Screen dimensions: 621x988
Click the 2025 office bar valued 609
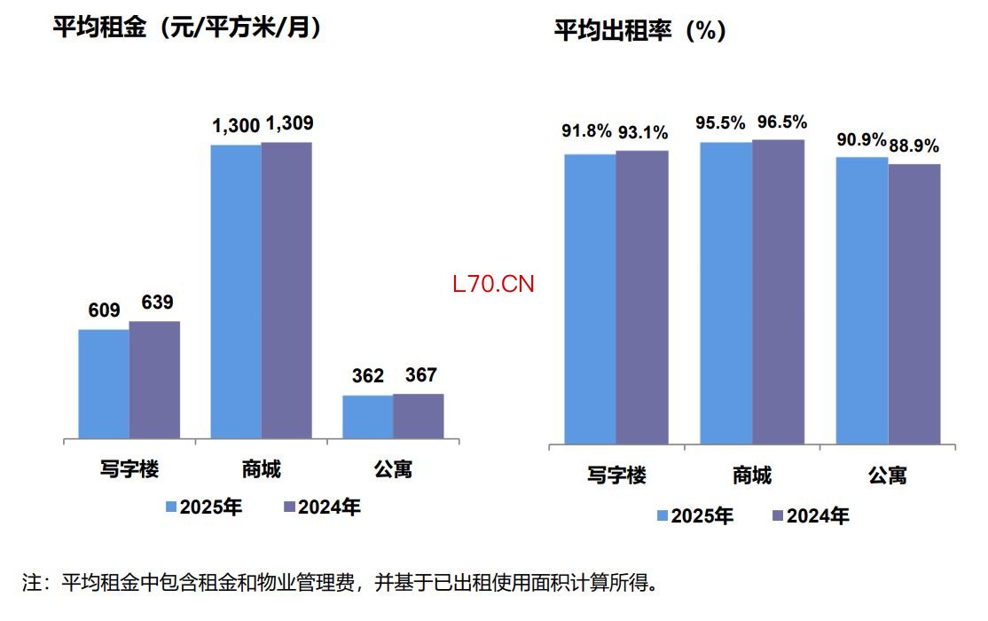104,383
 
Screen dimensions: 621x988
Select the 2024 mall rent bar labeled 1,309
286,290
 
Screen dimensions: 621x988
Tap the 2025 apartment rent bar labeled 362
368,417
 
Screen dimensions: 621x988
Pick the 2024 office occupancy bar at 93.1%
642,297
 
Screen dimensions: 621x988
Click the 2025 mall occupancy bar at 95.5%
726,293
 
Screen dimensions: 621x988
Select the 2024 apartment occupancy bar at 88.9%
914,303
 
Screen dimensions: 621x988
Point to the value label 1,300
235,127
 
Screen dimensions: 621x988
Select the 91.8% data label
587,131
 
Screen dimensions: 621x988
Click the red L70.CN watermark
493,285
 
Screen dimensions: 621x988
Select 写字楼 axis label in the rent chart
129,468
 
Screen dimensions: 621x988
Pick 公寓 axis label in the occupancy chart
887,476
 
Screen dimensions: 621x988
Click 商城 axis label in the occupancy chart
752,476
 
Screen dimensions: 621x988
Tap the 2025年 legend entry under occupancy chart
696,515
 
